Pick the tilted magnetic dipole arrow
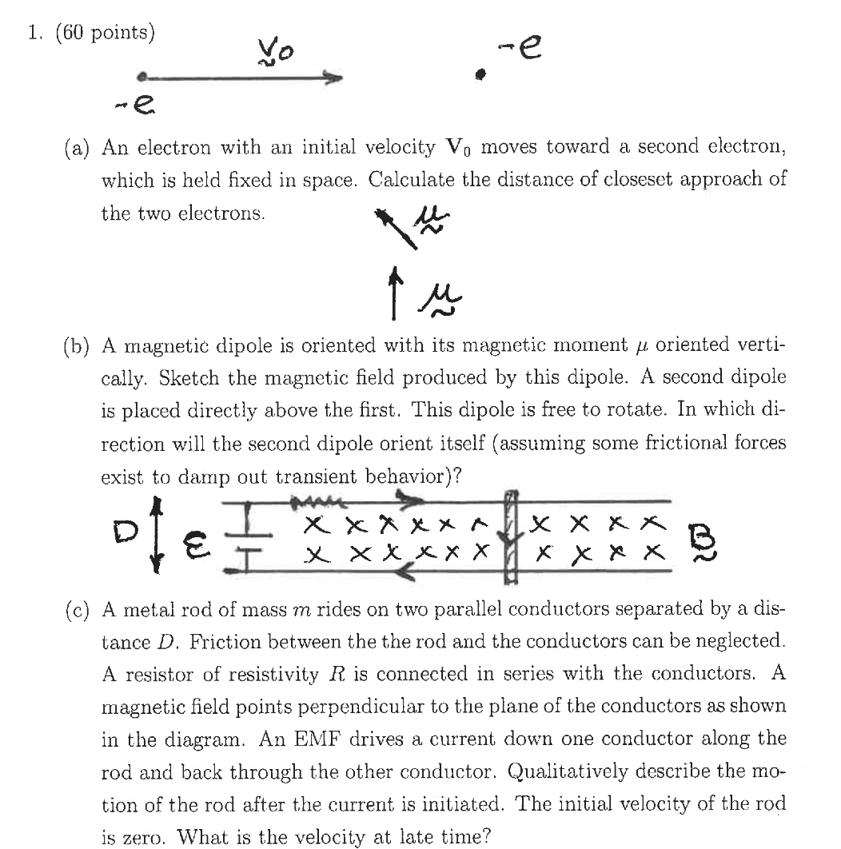pyautogui.click(x=395, y=229)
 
